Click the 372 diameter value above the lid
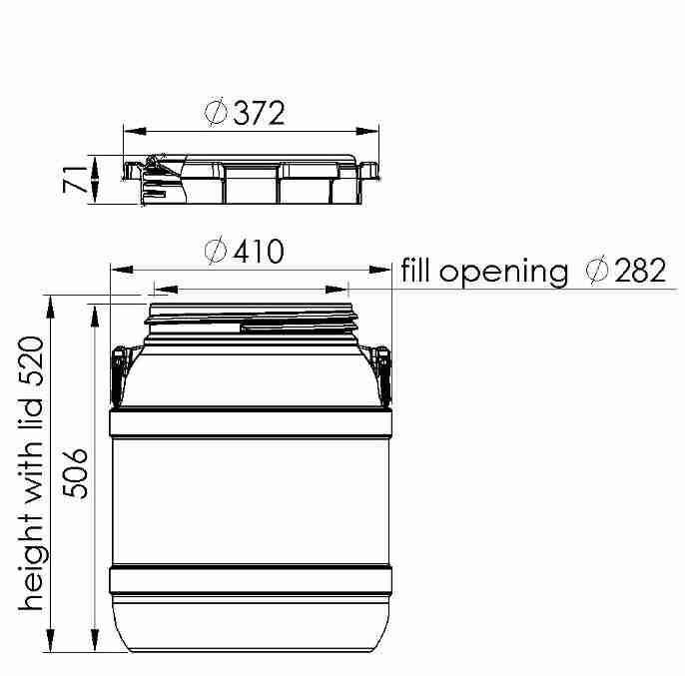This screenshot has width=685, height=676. pos(259,113)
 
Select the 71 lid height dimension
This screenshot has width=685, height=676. pos(75,179)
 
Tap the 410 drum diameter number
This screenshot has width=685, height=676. pos(259,252)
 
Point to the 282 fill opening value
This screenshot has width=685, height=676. pos(640,271)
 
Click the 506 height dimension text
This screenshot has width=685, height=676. pos(75,473)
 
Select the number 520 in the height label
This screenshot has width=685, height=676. pos(31,360)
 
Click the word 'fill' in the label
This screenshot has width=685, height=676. pos(414,271)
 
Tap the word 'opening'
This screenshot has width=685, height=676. pos(503,273)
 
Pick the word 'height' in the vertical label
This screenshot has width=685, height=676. pos(33,562)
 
